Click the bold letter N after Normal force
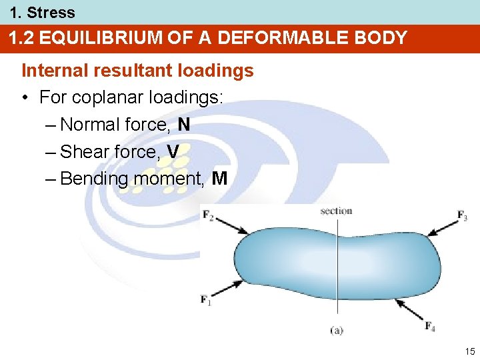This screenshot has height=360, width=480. point(185,125)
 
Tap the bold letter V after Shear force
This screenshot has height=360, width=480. point(173,152)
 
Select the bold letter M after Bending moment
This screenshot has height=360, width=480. point(219,179)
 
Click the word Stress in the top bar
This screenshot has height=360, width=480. point(51,12)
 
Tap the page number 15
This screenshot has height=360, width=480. point(470,351)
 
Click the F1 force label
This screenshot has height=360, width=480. point(206,299)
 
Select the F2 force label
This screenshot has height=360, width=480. point(208,215)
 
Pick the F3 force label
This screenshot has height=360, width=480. point(462,215)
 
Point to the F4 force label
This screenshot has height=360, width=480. point(431,325)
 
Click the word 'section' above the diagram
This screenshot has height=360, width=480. point(336,211)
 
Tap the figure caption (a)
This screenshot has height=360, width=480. point(337,330)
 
